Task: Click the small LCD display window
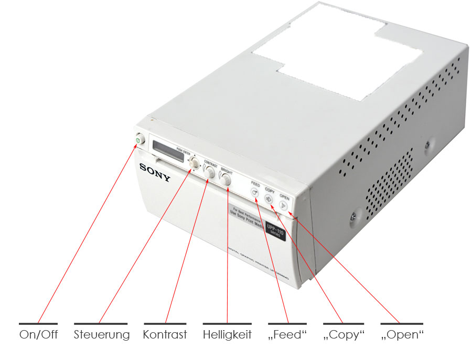click(164, 147)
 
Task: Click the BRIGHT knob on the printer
click(226, 180)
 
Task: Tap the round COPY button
click(269, 199)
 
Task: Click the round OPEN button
click(283, 205)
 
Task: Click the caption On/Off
click(38, 334)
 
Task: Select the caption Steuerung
click(102, 334)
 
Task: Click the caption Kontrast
click(165, 334)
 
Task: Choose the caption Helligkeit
click(227, 334)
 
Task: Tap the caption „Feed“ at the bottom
click(287, 334)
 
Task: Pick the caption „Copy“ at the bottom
click(344, 334)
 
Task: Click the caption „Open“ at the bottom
click(402, 334)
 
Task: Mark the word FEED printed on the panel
click(255, 184)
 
